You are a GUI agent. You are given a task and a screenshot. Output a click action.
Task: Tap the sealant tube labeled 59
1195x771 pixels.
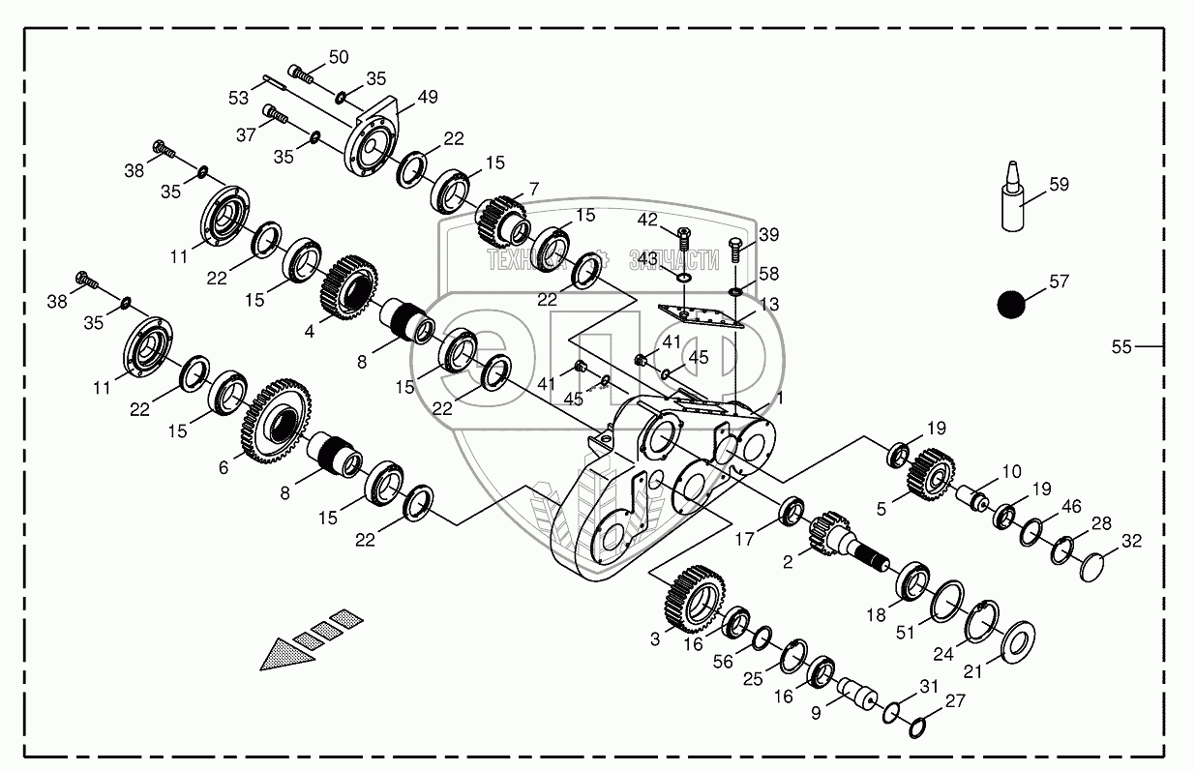coord(1012,203)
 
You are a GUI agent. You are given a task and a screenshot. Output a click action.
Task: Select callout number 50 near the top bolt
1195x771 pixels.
coord(338,57)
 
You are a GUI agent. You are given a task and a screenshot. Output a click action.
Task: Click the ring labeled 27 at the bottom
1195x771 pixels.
coord(921,727)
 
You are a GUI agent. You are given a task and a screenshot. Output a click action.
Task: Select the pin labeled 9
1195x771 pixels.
coord(854,695)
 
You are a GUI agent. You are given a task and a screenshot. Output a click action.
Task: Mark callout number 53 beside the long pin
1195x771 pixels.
coord(238,99)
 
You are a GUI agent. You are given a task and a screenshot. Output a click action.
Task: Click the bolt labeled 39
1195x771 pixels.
coord(734,251)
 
